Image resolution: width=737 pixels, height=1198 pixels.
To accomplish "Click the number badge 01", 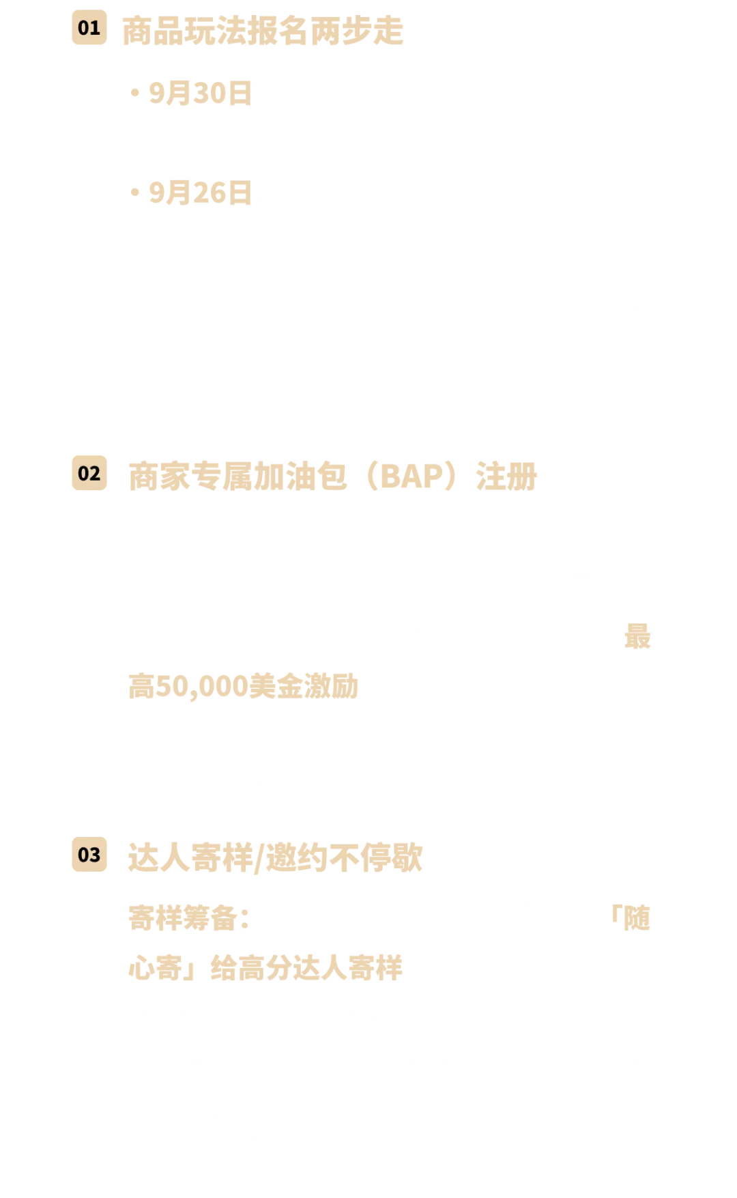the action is coord(89,28).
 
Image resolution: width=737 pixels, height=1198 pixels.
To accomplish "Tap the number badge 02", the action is coord(89,473).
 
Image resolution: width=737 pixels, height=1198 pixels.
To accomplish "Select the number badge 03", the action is coord(89,855).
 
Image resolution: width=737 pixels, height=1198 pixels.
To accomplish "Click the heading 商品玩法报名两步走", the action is coord(263,31).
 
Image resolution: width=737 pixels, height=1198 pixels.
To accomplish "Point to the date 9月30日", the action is coord(201,94).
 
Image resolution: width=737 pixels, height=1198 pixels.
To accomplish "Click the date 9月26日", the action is coord(201,193).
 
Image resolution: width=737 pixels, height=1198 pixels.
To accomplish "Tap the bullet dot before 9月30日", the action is coord(135,93).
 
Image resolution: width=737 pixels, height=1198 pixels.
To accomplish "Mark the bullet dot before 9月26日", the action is coord(135,193).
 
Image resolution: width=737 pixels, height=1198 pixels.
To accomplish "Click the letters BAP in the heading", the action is coord(411,476).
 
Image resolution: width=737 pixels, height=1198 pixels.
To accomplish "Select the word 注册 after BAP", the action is coord(506,476).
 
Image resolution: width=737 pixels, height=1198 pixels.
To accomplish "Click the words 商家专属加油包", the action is coord(238,476).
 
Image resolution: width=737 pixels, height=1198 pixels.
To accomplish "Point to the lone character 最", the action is coord(637,637).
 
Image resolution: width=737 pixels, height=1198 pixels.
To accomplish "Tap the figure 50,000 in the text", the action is coord(202,687).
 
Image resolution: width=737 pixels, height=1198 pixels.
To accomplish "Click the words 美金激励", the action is coord(304,686).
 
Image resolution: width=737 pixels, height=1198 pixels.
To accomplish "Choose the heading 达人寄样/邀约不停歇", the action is coord(276,858).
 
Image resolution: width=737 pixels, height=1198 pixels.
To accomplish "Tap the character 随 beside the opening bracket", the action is coord(637,919).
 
